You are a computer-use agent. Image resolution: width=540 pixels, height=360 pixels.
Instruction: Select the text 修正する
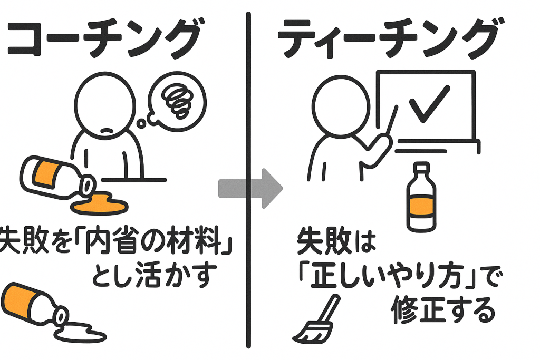point(443,312)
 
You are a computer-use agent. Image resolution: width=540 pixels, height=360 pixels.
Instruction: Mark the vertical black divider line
point(248,179)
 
